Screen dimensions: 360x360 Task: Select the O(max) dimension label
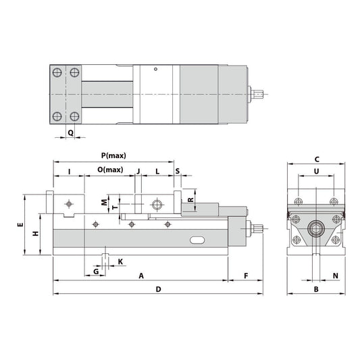coord(109,170)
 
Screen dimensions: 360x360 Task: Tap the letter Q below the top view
coord(70,133)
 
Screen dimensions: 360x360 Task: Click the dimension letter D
coord(157,289)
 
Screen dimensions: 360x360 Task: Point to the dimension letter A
coord(140,276)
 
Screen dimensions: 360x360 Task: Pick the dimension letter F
coord(246,276)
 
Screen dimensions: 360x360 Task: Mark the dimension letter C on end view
coord(317,159)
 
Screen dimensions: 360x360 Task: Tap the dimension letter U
coord(317,172)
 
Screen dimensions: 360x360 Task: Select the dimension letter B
coord(316,289)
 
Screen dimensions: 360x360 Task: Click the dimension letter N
coord(335,276)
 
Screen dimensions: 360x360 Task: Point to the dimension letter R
coord(190,201)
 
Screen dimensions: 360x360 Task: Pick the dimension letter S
coord(178,171)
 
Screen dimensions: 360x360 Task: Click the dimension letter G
coord(97,271)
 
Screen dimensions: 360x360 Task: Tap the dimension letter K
coord(120,261)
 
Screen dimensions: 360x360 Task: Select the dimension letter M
coord(104,201)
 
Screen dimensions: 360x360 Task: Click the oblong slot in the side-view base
coord(197,240)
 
